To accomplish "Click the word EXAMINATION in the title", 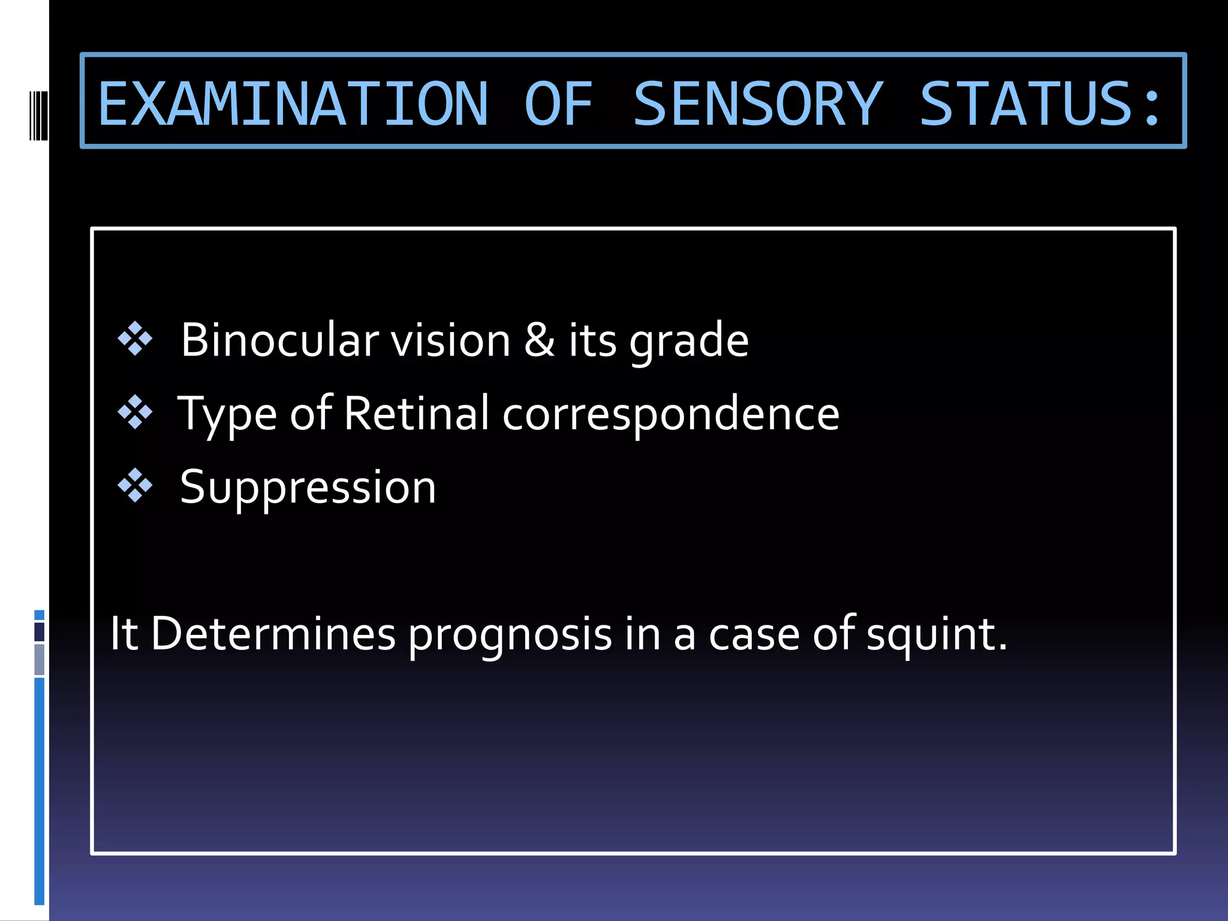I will click(x=293, y=104).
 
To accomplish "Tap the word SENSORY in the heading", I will click(x=758, y=104).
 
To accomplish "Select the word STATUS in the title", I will click(x=1026, y=104).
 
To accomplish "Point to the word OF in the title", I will click(x=559, y=104).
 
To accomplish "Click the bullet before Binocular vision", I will click(x=135, y=339).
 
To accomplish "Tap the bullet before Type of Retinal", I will click(x=135, y=413).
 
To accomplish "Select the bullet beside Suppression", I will click(x=135, y=486).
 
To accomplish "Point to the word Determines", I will click(x=273, y=633).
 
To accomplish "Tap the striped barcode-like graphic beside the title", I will click(x=38, y=116).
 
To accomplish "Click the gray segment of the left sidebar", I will click(x=40, y=660).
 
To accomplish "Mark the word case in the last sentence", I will click(x=754, y=634).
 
